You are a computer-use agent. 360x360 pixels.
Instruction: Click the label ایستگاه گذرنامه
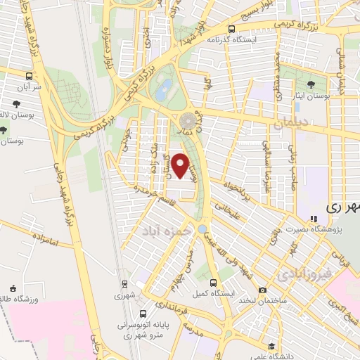tap(230, 39)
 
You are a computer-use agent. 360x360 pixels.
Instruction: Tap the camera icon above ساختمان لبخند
tap(262, 290)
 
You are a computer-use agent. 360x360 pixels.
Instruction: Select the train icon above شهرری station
tap(124, 284)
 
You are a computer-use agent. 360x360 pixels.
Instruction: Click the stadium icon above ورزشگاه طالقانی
tap(13, 288)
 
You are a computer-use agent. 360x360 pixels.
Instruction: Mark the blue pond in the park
tap(165, 89)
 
